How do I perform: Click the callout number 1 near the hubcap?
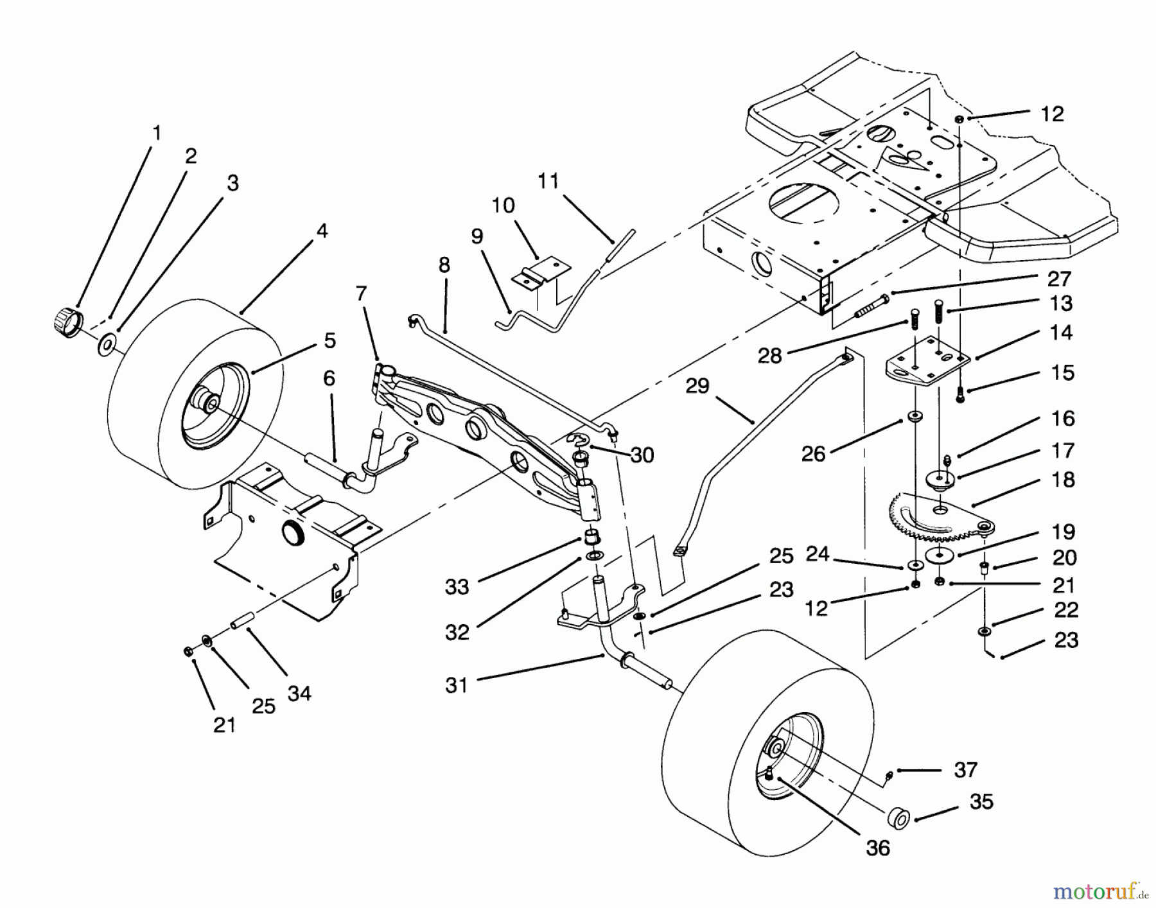pyautogui.click(x=157, y=133)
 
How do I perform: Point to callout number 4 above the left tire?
pyautogui.click(x=322, y=231)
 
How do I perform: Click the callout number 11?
pyautogui.click(x=548, y=181)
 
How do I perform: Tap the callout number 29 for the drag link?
pyautogui.click(x=698, y=386)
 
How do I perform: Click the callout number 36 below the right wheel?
pyautogui.click(x=878, y=848)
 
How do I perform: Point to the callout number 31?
pyautogui.click(x=457, y=686)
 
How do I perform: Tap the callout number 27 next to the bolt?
pyautogui.click(x=1059, y=279)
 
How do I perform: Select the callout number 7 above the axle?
pyautogui.click(x=362, y=294)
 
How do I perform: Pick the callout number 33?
pyautogui.click(x=457, y=586)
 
